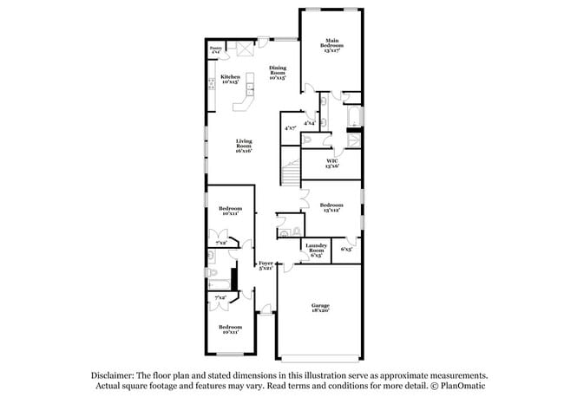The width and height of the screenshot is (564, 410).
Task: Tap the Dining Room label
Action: (278, 70)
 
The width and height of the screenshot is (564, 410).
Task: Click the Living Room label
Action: (244, 145)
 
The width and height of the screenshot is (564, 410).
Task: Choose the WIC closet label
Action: (331, 160)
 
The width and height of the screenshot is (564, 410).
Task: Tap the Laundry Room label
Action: (314, 249)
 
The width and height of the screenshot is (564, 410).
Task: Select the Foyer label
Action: (266, 263)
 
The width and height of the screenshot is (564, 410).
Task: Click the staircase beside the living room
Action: (291, 166)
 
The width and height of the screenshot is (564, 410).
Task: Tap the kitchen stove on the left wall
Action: (211, 84)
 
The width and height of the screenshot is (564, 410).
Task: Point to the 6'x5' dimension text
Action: (346, 250)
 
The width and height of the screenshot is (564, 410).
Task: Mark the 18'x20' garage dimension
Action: (321, 310)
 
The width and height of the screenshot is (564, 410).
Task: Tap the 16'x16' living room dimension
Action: (244, 151)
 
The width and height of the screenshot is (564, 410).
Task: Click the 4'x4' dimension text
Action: (309, 123)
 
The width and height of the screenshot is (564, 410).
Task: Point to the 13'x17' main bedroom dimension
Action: (331, 49)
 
